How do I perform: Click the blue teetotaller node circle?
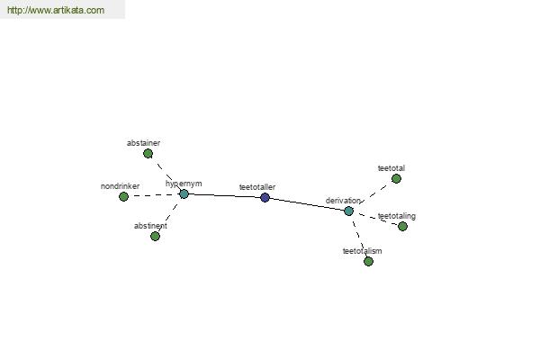265,198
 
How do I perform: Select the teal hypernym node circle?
184,194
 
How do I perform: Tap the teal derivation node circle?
348,211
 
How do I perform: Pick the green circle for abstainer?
148,153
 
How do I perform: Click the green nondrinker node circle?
123,197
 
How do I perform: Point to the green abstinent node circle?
156,236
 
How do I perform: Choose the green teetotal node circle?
396,178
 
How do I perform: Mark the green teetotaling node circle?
402,226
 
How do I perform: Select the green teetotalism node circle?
368,262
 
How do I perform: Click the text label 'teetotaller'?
257,187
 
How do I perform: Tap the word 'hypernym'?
184,184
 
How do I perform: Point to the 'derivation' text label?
343,201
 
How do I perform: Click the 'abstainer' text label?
143,143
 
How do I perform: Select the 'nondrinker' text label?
120,186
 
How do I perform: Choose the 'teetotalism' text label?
363,251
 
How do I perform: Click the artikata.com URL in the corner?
56,10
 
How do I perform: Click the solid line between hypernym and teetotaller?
224,196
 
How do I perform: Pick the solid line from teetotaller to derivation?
307,204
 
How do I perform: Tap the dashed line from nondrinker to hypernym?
154,195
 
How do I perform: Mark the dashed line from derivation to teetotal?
373,195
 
